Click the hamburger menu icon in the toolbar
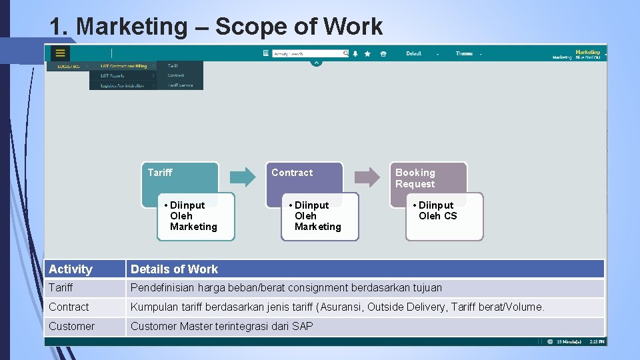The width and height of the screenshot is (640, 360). pyautogui.click(x=61, y=53)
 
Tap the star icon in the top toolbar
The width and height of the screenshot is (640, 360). pyautogui.click(x=367, y=53)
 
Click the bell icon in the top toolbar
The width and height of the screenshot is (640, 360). pyautogui.click(x=355, y=53)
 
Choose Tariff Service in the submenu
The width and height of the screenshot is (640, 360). pyautogui.click(x=180, y=85)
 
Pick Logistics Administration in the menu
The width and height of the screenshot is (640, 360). pyautogui.click(x=123, y=85)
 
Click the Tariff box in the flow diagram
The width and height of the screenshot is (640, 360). pyautogui.click(x=179, y=176)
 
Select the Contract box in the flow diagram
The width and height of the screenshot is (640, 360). pyautogui.click(x=304, y=176)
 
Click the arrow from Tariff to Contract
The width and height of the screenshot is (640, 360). pyautogui.click(x=243, y=177)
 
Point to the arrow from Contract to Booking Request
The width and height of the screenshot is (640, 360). pyautogui.click(x=367, y=177)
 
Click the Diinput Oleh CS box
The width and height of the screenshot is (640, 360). pyautogui.click(x=445, y=217)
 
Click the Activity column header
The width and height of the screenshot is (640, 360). pyautogui.click(x=71, y=269)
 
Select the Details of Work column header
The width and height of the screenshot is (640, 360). pyautogui.click(x=175, y=269)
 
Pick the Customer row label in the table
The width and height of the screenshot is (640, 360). pyautogui.click(x=71, y=326)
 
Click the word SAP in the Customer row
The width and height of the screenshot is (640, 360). pyautogui.click(x=302, y=326)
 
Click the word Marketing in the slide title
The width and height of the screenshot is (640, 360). pyautogui.click(x=133, y=27)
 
